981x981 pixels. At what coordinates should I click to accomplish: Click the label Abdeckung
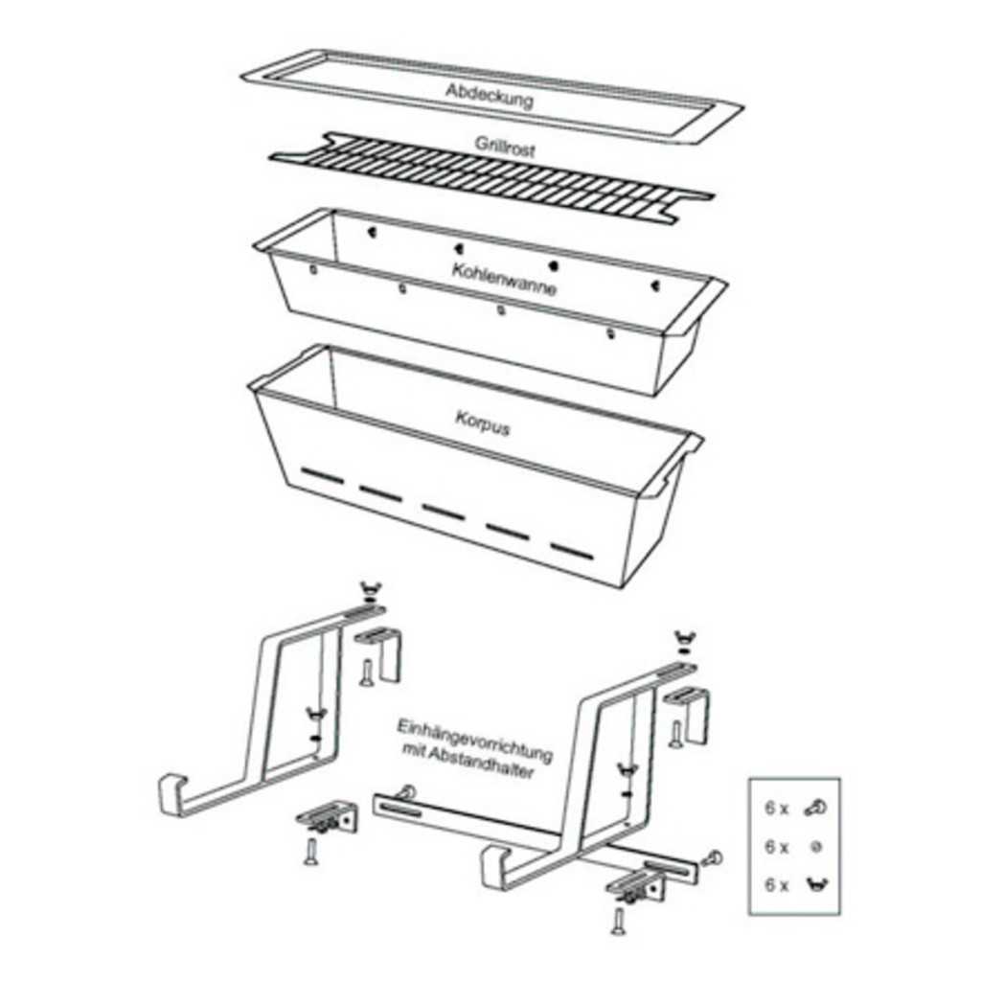(490, 96)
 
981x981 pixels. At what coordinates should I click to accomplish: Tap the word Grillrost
(505, 146)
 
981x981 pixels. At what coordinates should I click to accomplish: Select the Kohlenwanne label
(504, 279)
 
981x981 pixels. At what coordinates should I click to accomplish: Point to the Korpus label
(483, 422)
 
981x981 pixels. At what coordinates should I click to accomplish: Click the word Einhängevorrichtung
(475, 741)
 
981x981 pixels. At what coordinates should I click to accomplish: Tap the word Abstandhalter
(481, 764)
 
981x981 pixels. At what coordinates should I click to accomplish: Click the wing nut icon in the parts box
(816, 884)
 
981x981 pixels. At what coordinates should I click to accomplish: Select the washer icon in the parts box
(816, 847)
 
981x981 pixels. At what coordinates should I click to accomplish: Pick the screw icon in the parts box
(815, 808)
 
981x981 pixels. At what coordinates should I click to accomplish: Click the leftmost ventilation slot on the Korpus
(322, 473)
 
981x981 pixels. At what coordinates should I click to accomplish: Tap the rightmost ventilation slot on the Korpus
(571, 550)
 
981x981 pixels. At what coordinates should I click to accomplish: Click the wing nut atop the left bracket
(370, 589)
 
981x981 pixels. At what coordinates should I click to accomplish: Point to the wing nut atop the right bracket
(685, 639)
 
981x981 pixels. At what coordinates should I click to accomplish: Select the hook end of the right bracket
(494, 867)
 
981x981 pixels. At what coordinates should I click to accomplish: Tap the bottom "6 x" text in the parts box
(776, 884)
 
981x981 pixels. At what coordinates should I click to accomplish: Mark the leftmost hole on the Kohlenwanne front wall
(313, 269)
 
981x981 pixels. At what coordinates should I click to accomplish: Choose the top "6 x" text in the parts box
(776, 808)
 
